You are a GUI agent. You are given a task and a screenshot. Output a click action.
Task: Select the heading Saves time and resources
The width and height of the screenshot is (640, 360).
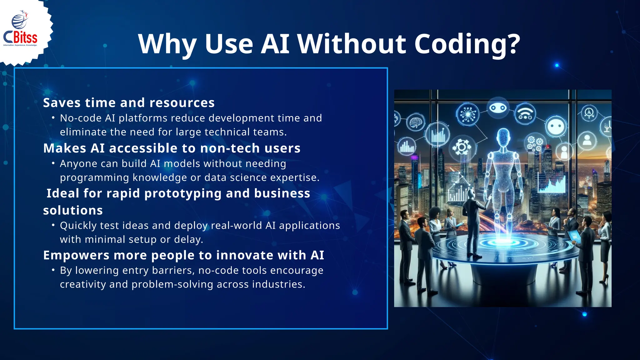(129, 103)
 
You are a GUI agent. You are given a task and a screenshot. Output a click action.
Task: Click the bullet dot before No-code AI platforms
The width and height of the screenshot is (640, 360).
(53, 118)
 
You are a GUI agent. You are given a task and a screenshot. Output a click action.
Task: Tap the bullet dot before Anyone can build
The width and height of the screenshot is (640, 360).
(53, 163)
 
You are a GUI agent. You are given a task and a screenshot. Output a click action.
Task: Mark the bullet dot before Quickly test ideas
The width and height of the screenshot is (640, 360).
(53, 225)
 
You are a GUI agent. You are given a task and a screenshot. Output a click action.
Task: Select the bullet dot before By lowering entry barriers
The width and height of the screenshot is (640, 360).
(53, 270)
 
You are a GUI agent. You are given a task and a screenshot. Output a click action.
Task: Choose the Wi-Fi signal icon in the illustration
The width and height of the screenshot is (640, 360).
(525, 114)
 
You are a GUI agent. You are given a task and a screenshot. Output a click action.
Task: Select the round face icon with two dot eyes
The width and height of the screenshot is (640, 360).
(557, 127)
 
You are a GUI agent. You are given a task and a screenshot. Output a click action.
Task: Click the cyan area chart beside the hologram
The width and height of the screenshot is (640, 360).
(552, 184)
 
